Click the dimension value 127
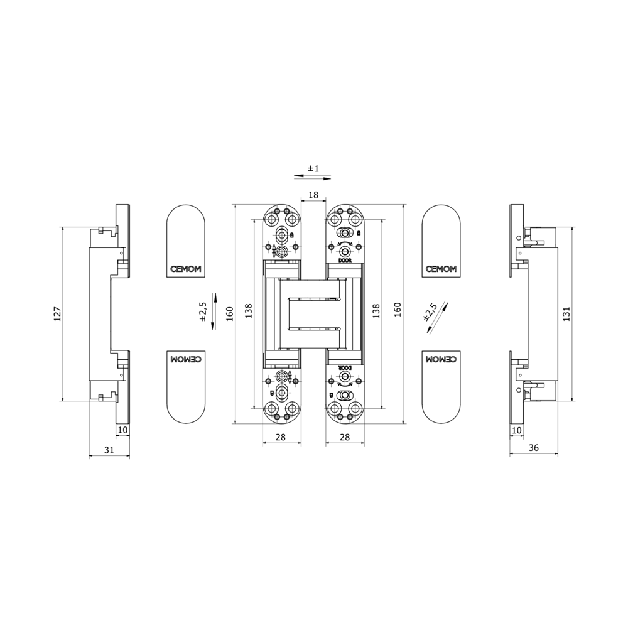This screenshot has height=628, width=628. (x=57, y=314)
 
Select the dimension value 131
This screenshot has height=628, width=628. (x=566, y=314)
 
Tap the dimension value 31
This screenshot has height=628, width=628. (x=109, y=450)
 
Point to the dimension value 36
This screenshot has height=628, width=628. (x=533, y=448)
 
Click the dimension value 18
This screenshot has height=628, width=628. (x=313, y=195)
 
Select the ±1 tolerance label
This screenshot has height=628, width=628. (x=313, y=168)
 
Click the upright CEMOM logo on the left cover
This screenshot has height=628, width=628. (x=185, y=269)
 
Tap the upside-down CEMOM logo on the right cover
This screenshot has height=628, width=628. (x=441, y=359)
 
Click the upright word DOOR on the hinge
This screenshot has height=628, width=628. (x=344, y=260)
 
